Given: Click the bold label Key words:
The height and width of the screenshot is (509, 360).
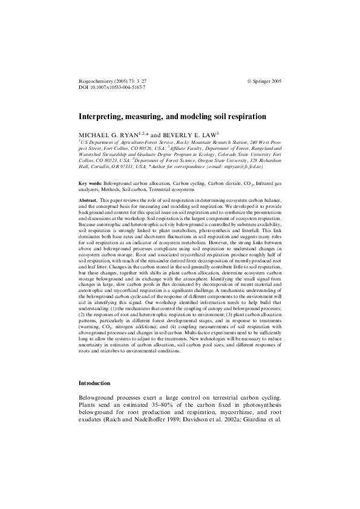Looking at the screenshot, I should click(91, 183).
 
